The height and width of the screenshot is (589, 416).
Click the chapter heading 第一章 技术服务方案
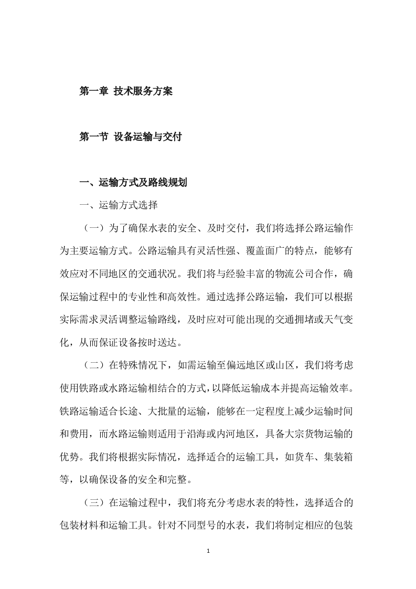pyautogui.click(x=126, y=91)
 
